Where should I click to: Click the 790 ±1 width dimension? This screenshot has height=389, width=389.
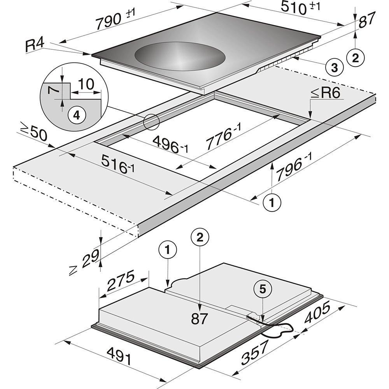coord(116,19)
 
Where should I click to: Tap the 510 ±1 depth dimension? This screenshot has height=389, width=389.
coord(300,7)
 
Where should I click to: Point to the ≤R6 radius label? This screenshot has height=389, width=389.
coord(325,93)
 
